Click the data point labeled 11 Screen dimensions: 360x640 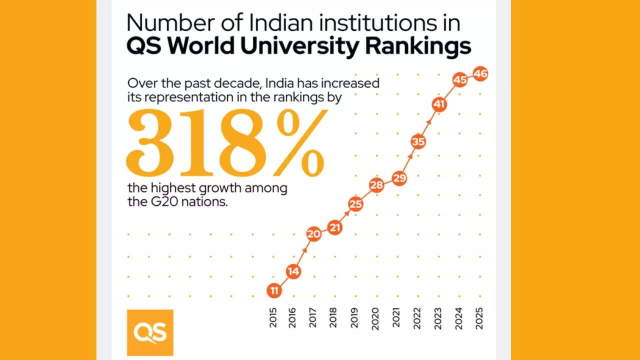tap(274, 290)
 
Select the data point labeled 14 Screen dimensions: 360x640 tap(293, 271)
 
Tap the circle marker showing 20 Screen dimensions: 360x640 tap(313, 234)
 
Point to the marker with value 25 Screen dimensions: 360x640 tap(355, 204)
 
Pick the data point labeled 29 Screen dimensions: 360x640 tap(399, 178)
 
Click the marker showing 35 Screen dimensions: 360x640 tap(418, 142)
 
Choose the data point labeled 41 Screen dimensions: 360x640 tap(439, 104)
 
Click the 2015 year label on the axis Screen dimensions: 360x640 tap(273, 317)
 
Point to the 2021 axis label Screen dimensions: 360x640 tap(396, 317)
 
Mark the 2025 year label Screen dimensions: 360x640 tap(479, 317)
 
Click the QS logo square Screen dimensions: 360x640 tap(150, 332)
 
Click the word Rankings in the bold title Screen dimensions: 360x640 tap(418, 46)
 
